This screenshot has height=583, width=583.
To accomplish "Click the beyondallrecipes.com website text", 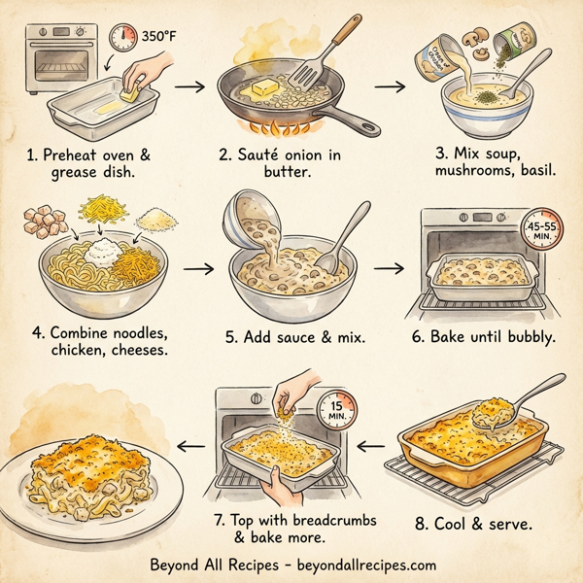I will click(358, 564).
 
